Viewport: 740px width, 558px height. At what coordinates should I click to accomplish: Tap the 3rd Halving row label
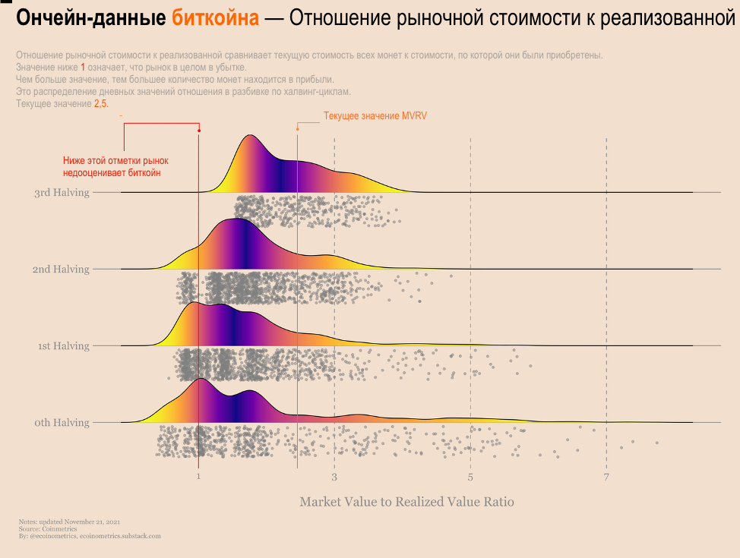(x=62, y=193)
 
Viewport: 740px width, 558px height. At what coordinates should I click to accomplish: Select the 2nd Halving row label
(x=61, y=270)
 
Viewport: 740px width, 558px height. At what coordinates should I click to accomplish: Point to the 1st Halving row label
(x=64, y=346)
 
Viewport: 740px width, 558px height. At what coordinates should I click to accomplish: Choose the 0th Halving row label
(x=62, y=423)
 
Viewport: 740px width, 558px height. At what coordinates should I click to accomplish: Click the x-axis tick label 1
(x=198, y=477)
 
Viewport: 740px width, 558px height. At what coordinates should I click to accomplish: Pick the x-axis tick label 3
(x=334, y=477)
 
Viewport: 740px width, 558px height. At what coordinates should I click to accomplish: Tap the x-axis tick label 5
(x=470, y=477)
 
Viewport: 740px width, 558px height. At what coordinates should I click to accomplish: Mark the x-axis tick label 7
(x=606, y=477)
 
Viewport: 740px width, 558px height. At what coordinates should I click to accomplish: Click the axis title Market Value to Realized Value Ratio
(x=406, y=502)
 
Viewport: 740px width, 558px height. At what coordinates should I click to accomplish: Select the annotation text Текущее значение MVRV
(x=375, y=116)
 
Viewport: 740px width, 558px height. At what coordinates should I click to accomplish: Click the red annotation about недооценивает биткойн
(x=115, y=167)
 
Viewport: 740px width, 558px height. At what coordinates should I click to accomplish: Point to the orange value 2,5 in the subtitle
(x=101, y=103)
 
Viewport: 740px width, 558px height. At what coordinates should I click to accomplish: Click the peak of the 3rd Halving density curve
(x=249, y=136)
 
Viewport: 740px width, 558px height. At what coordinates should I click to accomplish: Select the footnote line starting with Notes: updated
(x=70, y=522)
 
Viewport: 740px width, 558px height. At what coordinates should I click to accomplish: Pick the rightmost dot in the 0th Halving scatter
(x=656, y=443)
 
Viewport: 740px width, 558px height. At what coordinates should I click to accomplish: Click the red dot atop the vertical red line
(x=199, y=131)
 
